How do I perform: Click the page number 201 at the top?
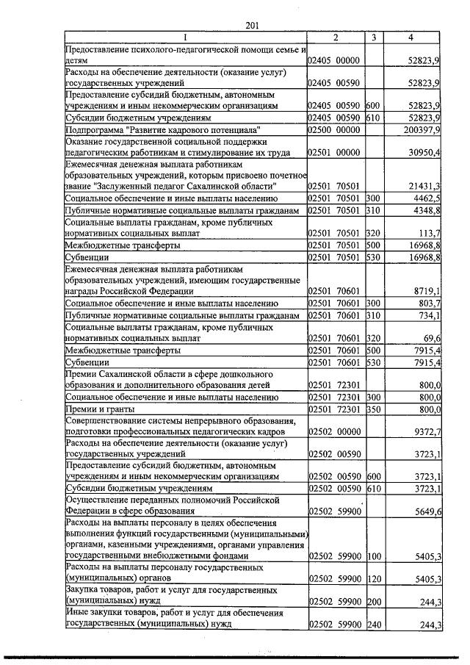(252, 26)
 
